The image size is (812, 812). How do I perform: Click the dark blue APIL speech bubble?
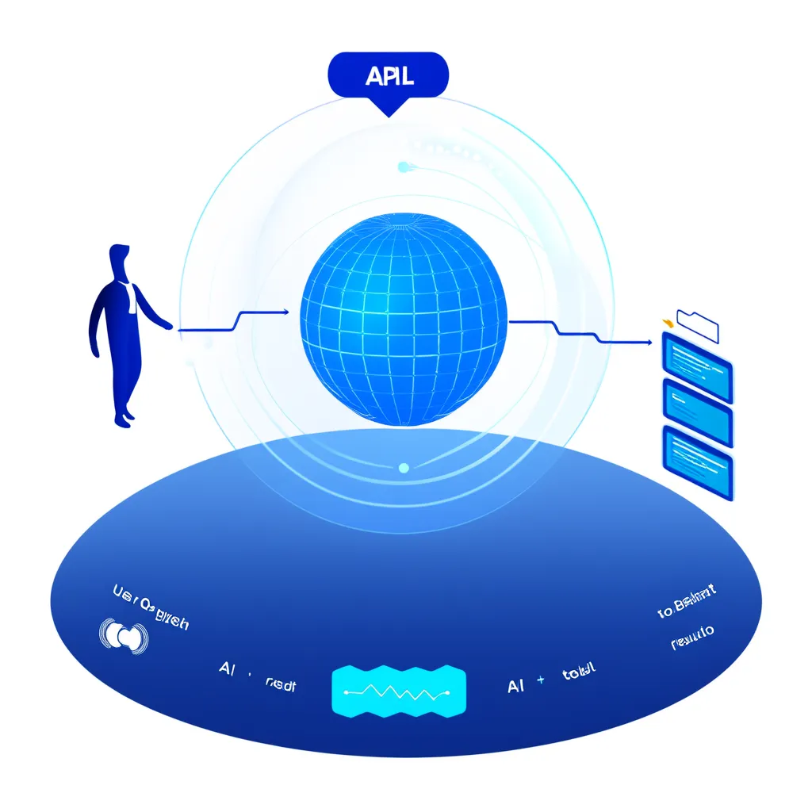(x=388, y=77)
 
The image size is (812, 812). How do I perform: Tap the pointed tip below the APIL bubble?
(x=388, y=111)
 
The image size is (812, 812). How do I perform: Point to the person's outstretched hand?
(x=166, y=324)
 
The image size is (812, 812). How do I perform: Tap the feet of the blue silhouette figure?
(x=123, y=419)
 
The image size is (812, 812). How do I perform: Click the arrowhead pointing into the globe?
(x=285, y=312)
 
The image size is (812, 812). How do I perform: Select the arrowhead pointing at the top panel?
(x=656, y=342)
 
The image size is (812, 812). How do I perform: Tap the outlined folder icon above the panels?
(x=697, y=324)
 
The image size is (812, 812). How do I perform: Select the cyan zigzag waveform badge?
(x=398, y=692)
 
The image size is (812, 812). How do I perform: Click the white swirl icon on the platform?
(x=124, y=635)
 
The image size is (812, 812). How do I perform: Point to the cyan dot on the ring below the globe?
(x=404, y=468)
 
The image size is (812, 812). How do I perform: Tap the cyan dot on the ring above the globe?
(x=403, y=167)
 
